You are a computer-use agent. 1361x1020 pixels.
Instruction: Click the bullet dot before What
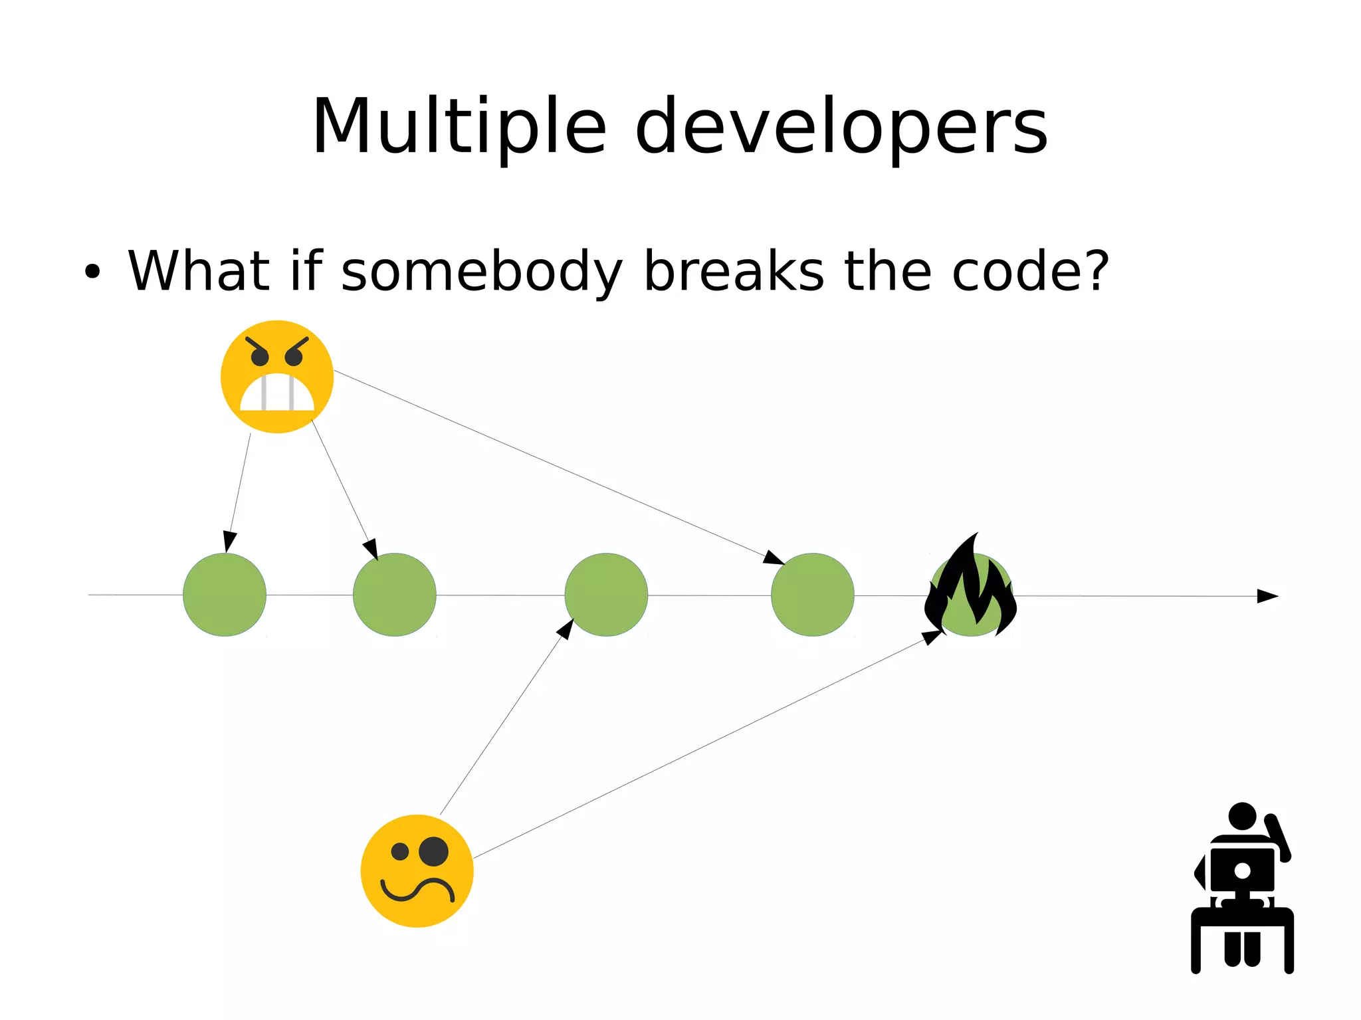coord(92,272)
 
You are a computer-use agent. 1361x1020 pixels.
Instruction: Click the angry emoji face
coord(277,377)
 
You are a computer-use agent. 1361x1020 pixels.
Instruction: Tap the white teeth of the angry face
coord(277,393)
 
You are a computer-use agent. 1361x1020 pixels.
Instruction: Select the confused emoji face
coord(417,870)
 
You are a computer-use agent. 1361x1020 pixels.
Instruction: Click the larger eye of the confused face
coord(434,851)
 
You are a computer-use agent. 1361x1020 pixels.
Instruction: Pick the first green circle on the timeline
coord(225,595)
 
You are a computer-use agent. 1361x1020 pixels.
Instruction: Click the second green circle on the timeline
coord(395,595)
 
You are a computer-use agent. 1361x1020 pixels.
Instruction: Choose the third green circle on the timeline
coord(606,595)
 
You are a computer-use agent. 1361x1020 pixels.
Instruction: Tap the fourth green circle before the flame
coord(813,595)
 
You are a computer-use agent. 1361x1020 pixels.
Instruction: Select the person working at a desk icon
coord(1242,890)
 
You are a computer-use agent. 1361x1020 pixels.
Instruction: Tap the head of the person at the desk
coord(1242,816)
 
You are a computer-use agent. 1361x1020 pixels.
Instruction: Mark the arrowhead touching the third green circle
coord(566,628)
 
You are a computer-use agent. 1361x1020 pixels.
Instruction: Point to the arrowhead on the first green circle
coord(229,542)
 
